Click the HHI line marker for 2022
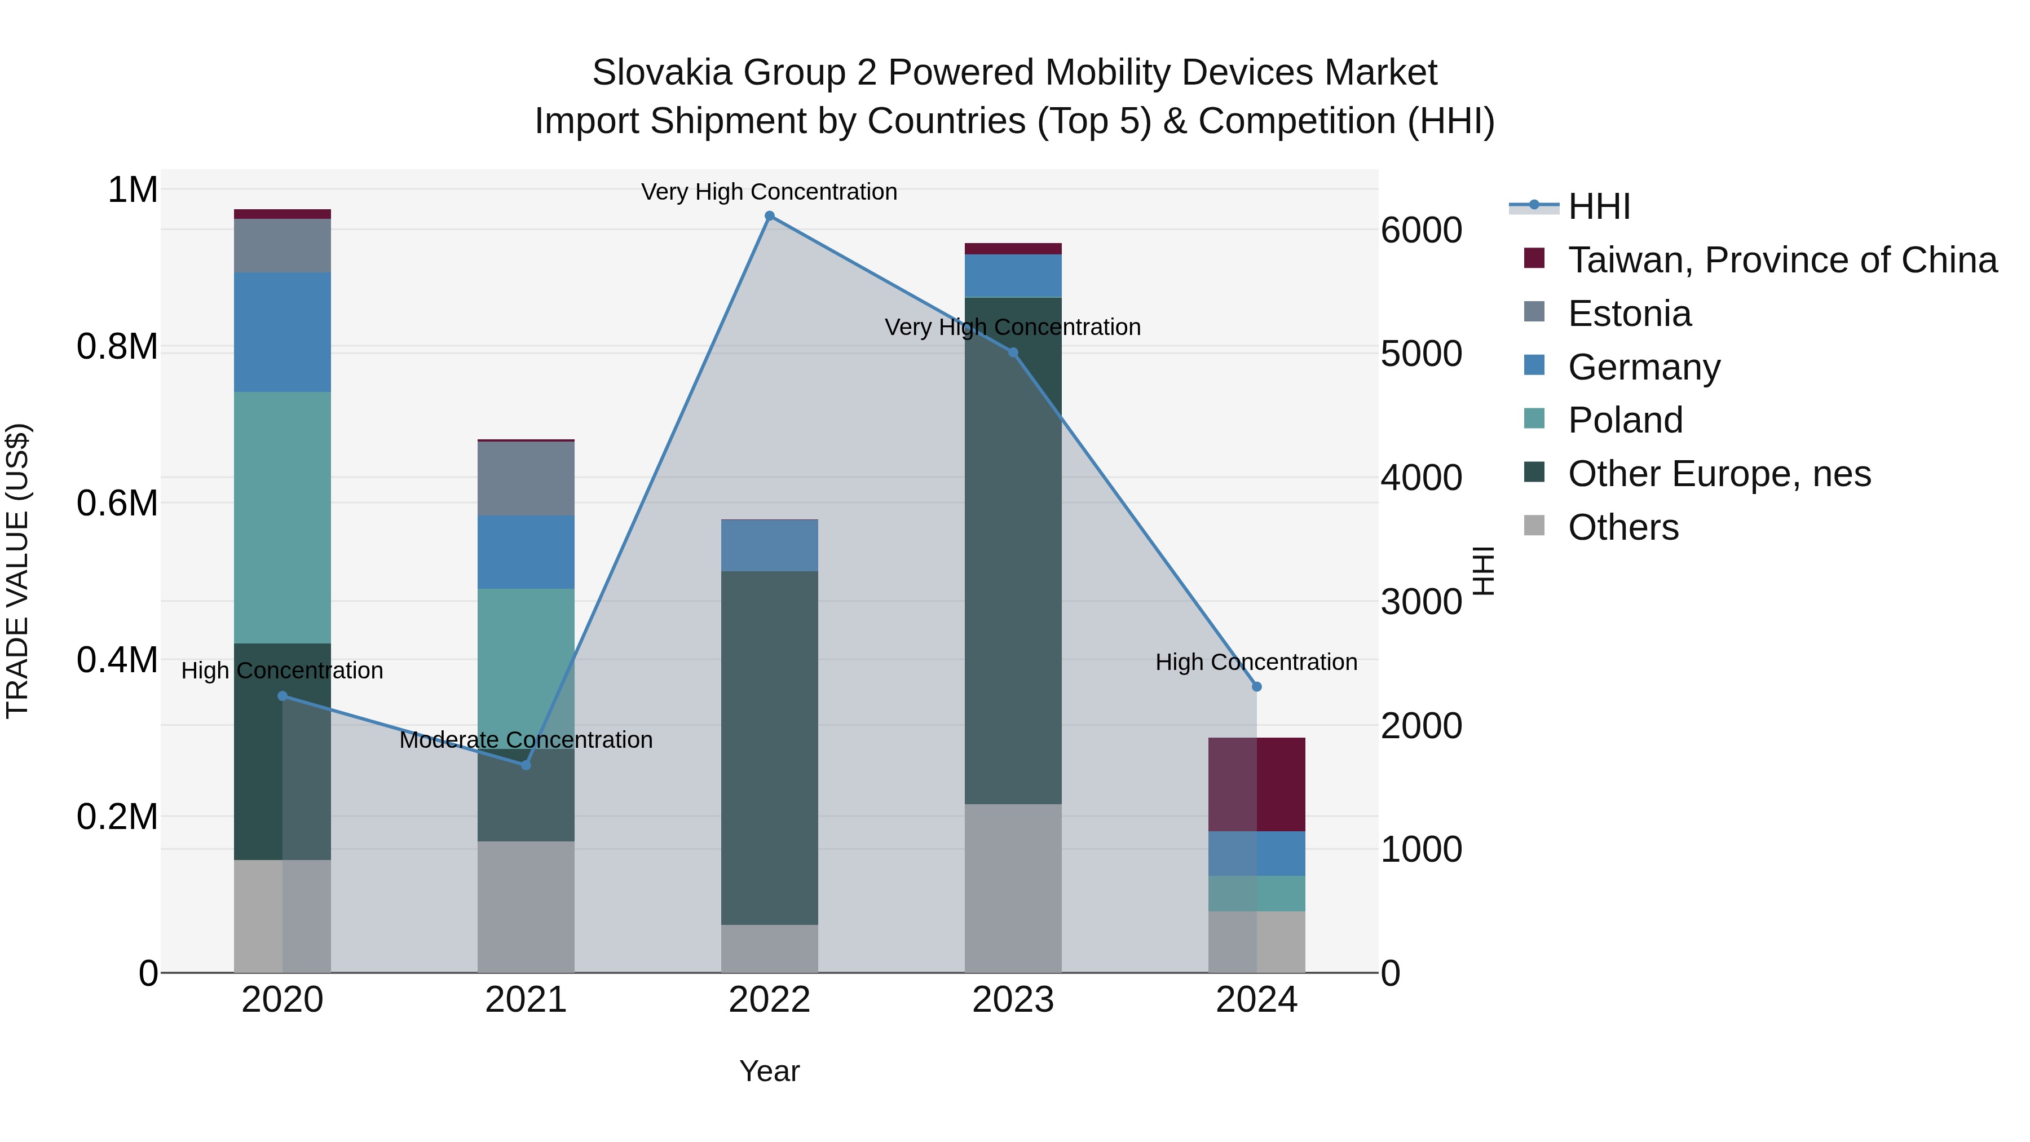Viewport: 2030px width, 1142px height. coord(770,216)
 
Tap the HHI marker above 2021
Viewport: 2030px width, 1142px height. coord(527,765)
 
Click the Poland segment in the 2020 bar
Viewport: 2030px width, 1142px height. coord(282,517)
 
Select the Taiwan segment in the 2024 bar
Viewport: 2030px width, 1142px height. coord(1257,784)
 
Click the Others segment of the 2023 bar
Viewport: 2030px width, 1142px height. coord(1013,888)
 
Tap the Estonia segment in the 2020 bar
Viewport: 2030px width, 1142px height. coord(282,246)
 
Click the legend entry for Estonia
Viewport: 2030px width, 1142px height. coord(1629,314)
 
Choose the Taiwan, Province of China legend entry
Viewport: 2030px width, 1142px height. coord(1782,260)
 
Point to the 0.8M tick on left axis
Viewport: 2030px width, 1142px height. coord(117,347)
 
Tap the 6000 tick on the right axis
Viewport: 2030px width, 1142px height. coord(1421,230)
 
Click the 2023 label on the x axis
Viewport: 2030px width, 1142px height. coord(1013,1000)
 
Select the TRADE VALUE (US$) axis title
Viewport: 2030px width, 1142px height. coord(17,571)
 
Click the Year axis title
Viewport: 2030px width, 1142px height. coord(769,1071)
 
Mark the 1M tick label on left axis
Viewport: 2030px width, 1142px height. coord(133,190)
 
